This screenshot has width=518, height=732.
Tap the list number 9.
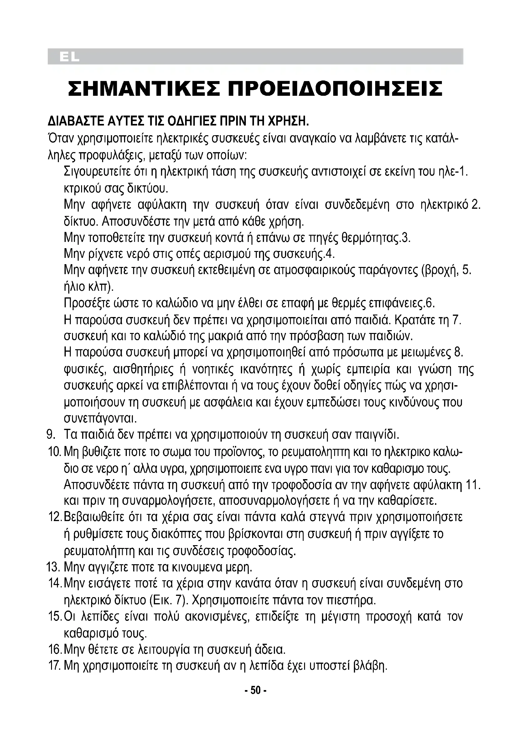click(52, 434)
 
